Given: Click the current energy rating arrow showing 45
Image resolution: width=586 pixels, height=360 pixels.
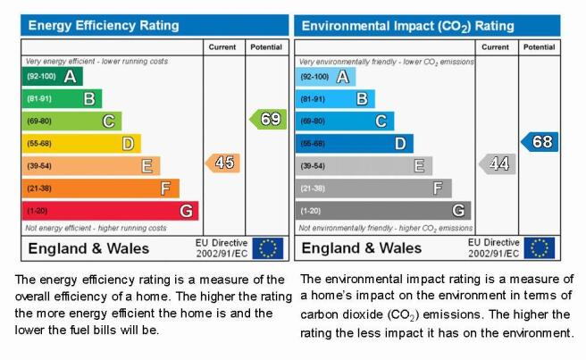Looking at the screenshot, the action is click(x=222, y=163).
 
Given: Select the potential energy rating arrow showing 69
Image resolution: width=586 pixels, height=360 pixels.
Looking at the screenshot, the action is click(x=268, y=119).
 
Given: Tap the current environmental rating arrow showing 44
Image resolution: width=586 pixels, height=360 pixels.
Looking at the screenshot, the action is click(x=498, y=163).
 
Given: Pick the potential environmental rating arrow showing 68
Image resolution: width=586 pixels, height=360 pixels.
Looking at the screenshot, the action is click(x=540, y=142).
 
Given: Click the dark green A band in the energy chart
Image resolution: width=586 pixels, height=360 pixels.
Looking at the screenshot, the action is click(x=53, y=76).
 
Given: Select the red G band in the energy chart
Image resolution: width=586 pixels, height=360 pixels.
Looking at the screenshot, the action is click(x=110, y=211).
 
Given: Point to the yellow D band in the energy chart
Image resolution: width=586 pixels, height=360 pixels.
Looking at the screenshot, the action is click(x=81, y=144).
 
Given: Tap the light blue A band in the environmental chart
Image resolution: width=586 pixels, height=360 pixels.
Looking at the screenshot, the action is click(x=325, y=77).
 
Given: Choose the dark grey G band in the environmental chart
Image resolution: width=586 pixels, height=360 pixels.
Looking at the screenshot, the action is click(x=383, y=211).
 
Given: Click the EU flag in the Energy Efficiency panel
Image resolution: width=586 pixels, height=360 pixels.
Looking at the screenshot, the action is click(x=268, y=248).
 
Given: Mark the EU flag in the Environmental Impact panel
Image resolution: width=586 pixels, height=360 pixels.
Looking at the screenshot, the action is click(x=540, y=247).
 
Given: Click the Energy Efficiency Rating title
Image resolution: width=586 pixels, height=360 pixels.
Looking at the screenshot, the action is click(x=104, y=25).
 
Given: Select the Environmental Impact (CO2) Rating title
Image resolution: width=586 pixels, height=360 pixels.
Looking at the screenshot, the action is click(x=407, y=26).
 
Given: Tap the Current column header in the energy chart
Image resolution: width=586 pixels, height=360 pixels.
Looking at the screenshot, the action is click(x=222, y=47).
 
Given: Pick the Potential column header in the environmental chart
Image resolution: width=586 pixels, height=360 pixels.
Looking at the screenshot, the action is click(x=539, y=47).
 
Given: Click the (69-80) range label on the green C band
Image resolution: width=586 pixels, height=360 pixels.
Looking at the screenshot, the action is click(x=39, y=121).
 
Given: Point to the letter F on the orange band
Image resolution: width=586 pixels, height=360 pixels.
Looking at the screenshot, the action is click(x=165, y=188).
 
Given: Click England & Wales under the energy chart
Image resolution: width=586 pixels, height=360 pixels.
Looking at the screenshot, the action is click(x=88, y=248).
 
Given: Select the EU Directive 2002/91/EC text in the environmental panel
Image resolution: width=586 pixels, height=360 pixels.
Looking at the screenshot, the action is click(x=494, y=247).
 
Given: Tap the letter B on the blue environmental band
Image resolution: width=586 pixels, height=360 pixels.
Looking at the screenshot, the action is click(x=362, y=99).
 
